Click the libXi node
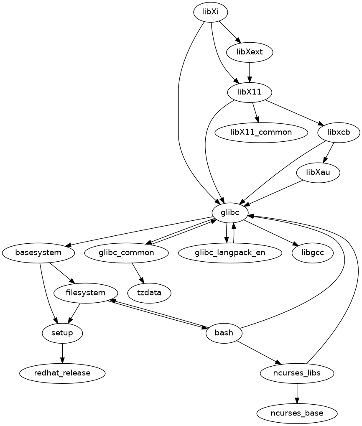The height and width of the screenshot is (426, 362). coord(210,12)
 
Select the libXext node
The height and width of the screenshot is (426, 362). coord(250,52)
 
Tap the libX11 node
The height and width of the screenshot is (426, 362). coord(250,92)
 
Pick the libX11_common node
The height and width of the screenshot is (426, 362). coord(261,132)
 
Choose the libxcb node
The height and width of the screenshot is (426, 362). coord(339,132)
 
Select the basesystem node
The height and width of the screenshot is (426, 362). coord(38,253)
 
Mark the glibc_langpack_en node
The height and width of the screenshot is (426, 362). coord(230,253)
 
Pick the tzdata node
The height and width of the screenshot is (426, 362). coord(149,293)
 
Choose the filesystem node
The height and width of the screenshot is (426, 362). coord(86,293)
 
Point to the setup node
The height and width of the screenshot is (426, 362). coord(62,333)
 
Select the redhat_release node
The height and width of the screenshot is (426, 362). coord(62,372)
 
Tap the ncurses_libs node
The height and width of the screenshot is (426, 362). coord(297,372)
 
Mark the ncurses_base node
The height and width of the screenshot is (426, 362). coord(297,413)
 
